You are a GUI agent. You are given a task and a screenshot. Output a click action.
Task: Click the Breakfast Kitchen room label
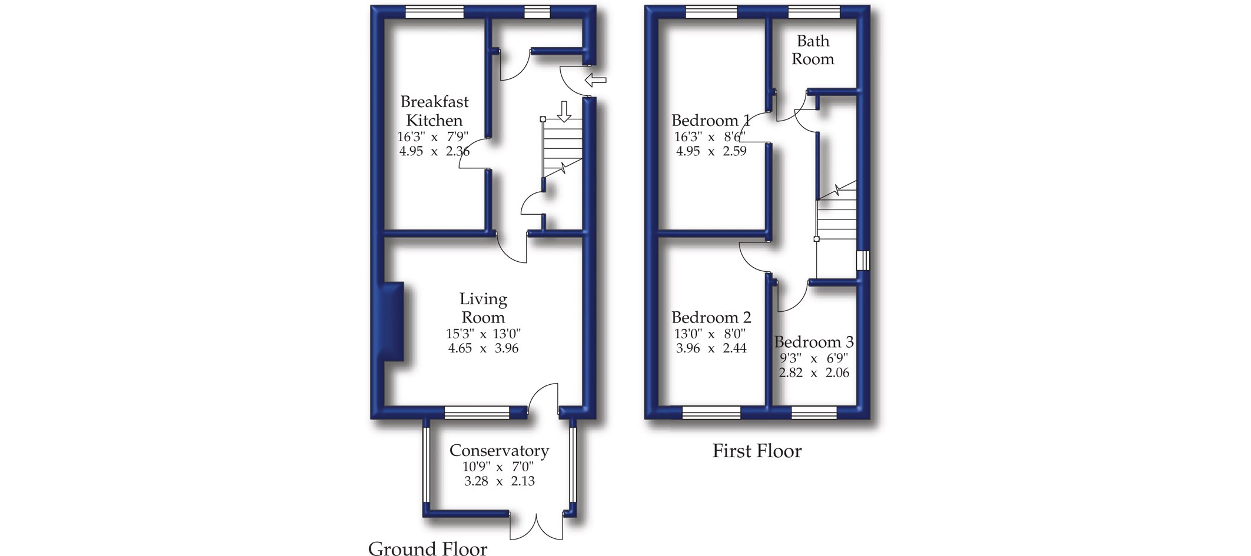click(x=434, y=111)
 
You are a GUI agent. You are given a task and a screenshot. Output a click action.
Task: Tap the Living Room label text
click(x=483, y=308)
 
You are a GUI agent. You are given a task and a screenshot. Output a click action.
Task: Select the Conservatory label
click(x=499, y=451)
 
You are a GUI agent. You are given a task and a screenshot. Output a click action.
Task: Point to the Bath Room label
click(x=813, y=50)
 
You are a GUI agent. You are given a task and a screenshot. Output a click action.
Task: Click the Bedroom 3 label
click(x=814, y=342)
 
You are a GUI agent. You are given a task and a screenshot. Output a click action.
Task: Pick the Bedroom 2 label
click(x=711, y=318)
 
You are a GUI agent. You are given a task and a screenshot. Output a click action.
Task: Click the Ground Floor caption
click(x=428, y=548)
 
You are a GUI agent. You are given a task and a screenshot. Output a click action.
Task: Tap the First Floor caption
click(x=757, y=451)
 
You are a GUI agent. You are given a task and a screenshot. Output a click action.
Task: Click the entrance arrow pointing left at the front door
click(x=595, y=80)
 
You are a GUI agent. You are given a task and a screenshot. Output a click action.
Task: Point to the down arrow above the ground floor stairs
click(x=564, y=112)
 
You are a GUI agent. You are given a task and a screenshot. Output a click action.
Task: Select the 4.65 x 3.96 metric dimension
click(x=483, y=348)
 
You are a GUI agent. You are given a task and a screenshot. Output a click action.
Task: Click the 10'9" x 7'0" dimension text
click(x=498, y=467)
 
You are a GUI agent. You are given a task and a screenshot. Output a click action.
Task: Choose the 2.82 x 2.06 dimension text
click(x=814, y=372)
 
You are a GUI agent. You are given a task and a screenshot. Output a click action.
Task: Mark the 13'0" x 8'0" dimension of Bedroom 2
click(x=710, y=334)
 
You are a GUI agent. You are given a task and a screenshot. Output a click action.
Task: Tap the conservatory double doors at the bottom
click(x=536, y=527)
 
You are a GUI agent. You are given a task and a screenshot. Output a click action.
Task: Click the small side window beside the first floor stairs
click(x=863, y=260)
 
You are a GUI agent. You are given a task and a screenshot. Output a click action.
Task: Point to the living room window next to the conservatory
click(x=477, y=412)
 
